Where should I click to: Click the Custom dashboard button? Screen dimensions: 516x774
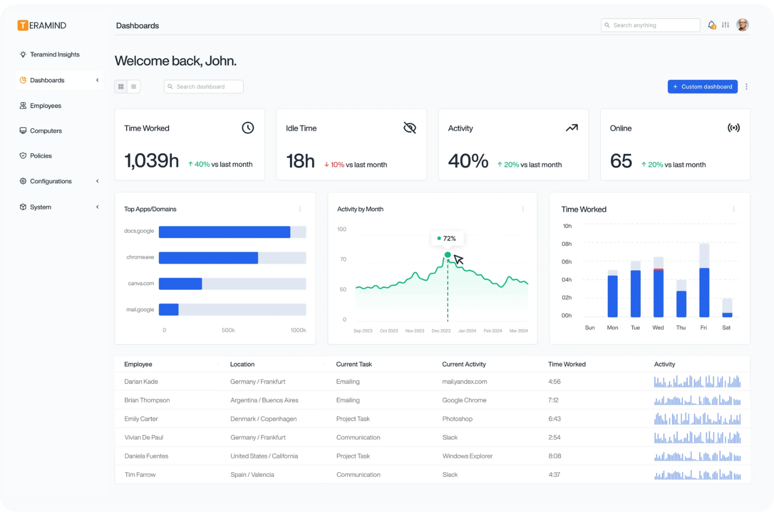click(702, 87)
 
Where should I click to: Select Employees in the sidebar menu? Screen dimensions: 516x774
click(45, 106)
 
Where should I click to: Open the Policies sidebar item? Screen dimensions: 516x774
click(41, 156)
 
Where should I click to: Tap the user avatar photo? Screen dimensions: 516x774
click(742, 25)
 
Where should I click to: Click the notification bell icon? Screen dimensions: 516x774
click(711, 25)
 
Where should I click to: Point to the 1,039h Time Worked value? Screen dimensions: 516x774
click(151, 161)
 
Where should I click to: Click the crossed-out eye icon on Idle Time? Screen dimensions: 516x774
click(409, 128)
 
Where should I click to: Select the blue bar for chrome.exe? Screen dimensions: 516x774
click(208, 258)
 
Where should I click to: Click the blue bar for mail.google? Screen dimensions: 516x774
click(168, 309)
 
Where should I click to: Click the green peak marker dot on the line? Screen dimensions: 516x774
click(448, 255)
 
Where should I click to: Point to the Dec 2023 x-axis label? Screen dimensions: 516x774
click(441, 331)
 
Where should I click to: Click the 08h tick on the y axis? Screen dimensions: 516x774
click(566, 244)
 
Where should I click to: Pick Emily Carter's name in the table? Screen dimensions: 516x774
click(141, 419)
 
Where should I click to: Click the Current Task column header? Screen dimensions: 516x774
click(354, 364)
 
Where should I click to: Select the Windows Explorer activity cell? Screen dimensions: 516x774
click(467, 456)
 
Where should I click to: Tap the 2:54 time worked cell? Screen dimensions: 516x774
click(554, 438)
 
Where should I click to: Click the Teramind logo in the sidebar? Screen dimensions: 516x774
click(42, 26)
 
